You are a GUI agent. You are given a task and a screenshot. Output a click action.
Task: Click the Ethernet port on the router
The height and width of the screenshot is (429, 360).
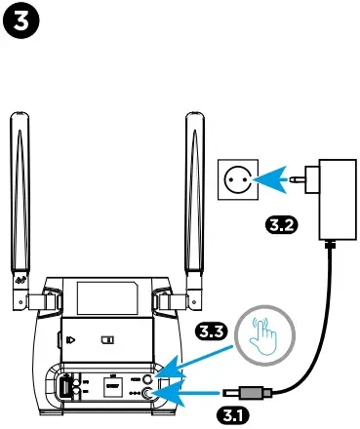(x=112, y=388)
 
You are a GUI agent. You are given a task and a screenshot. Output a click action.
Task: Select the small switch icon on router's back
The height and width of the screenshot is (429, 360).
(x=108, y=342)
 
